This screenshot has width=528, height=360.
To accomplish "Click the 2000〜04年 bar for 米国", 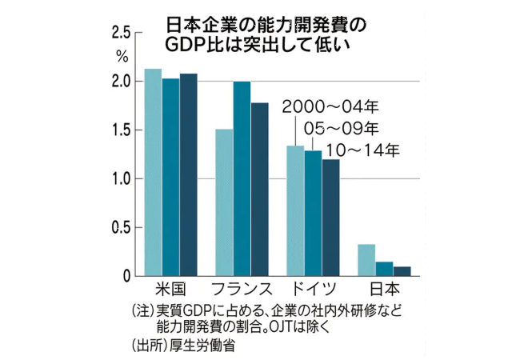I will pos(153,172).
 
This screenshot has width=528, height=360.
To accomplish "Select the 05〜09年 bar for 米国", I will pos(170,177).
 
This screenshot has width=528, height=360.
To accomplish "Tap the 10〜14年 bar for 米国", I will pos(188,174).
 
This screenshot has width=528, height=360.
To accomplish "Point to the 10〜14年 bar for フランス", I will pos(259,189).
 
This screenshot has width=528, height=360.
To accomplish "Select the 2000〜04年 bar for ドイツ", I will pos(295,210).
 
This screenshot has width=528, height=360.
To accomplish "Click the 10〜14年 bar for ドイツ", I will pos(330,218).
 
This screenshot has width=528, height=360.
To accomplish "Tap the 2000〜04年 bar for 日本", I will pos(366,260).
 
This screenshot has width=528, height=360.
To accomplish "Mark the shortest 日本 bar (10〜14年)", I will pos(402,271).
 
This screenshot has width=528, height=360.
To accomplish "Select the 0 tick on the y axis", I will pos(126,277).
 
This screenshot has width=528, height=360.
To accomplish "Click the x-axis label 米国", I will pos(170,289).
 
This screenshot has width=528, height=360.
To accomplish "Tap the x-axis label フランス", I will pos(242,289).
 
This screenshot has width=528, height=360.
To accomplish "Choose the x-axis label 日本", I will pos(384,289).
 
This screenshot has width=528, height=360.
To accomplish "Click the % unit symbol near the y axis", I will pos(122,56).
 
